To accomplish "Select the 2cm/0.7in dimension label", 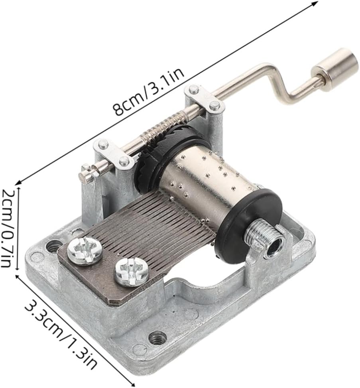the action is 8,228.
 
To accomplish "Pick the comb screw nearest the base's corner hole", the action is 85,250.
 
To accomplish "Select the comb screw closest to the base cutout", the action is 131,273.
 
